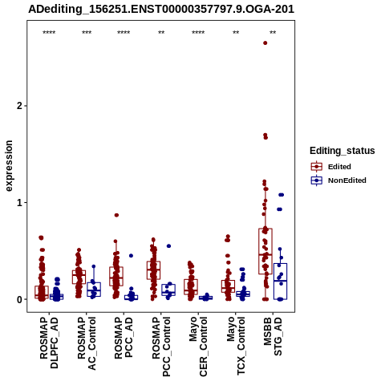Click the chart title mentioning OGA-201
click(x=161, y=9)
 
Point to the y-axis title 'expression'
click(x=9, y=166)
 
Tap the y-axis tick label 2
click(x=19, y=106)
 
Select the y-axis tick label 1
click(x=19, y=203)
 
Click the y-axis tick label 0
click(x=19, y=299)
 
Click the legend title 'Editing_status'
click(x=342, y=151)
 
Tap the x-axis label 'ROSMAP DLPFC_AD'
click(x=49, y=342)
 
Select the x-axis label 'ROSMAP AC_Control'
click(x=87, y=343)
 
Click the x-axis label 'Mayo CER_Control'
click(x=198, y=346)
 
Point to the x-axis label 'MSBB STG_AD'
click(x=273, y=336)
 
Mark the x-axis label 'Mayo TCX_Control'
click(x=236, y=346)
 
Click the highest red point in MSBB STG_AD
click(x=265, y=43)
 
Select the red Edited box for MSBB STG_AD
click(x=265, y=251)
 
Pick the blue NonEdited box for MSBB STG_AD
click(x=280, y=282)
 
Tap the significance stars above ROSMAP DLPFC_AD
click(x=49, y=33)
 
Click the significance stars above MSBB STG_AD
click(x=273, y=33)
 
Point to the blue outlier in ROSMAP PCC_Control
click(x=168, y=246)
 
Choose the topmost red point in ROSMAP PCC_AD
click(x=116, y=215)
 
